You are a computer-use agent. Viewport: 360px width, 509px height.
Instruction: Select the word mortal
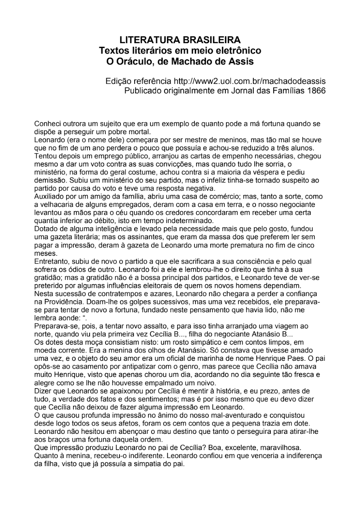[x=139, y=132]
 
